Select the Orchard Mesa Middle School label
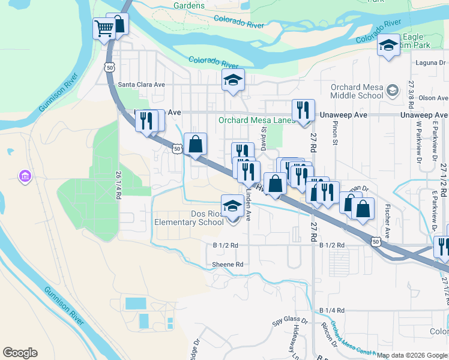357,91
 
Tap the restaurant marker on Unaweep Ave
303,110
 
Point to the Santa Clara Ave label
141,85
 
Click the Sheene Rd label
228,264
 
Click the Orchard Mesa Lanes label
257,120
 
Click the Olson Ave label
433,98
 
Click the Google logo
20,352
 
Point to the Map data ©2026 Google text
412,355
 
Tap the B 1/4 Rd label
332,310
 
